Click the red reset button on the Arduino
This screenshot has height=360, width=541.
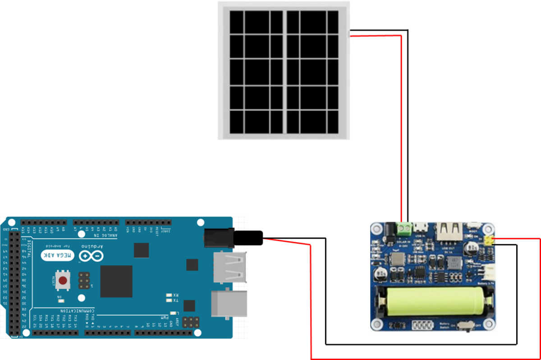pos(63,281)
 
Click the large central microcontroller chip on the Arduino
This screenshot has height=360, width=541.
pos(116,281)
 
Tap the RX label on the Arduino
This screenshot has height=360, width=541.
pos(176,295)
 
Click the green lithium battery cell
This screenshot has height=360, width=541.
pos(435,302)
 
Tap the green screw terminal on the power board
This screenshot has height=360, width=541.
pos(403,230)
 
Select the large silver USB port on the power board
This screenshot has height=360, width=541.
pos(448,231)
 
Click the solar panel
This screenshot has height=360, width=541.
pos(284,71)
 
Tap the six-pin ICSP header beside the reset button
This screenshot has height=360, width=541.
pos(84,280)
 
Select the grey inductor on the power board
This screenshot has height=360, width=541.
pos(397,259)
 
